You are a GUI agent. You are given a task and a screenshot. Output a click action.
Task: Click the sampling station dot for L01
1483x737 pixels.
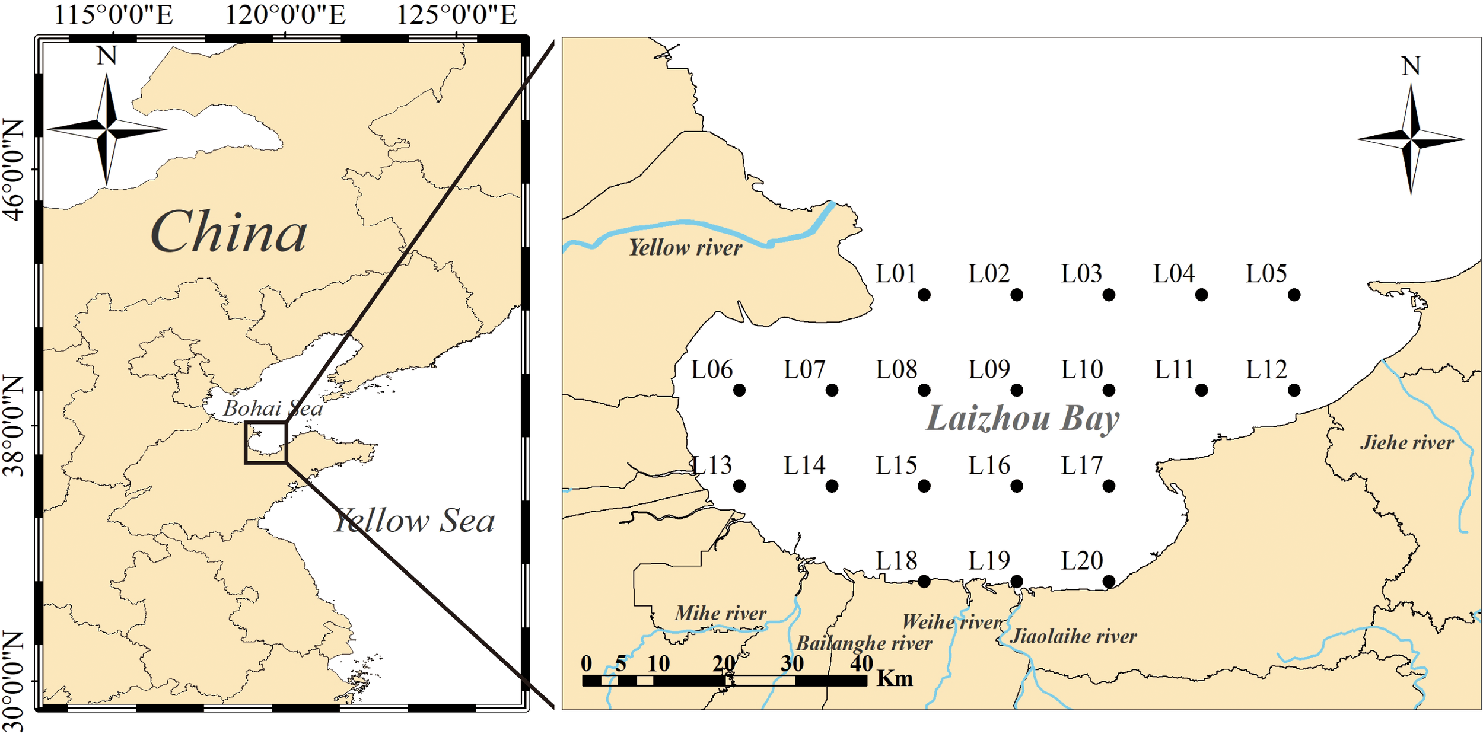click(924, 295)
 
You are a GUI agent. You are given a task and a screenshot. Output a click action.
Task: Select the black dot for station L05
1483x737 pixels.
click(1294, 295)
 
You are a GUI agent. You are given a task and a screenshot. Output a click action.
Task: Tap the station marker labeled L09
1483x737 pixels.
click(1016, 390)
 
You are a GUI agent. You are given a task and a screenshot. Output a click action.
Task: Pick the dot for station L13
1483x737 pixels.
click(739, 486)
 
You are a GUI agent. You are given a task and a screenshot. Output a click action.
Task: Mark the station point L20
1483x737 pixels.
click(1109, 582)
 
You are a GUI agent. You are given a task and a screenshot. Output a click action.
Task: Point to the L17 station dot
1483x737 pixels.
click(1109, 486)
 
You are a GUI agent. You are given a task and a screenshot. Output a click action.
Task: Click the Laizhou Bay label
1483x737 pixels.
click(1023, 419)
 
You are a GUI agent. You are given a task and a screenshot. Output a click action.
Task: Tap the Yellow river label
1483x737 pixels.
click(685, 248)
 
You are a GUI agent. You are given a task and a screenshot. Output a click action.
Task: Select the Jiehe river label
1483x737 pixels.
click(1406, 442)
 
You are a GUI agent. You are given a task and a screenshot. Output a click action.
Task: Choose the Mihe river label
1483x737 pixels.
click(720, 613)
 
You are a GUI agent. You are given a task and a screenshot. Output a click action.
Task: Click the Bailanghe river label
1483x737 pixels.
click(864, 643)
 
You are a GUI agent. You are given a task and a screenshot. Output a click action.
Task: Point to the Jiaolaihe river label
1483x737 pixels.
click(1073, 637)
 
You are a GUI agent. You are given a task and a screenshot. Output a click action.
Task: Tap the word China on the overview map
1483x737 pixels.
click(229, 232)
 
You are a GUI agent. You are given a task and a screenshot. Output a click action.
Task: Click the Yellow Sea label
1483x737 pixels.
click(414, 521)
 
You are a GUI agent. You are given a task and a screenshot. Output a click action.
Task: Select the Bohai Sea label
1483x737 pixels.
click(272, 409)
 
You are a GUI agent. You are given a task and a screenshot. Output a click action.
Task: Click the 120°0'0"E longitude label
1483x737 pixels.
click(285, 15)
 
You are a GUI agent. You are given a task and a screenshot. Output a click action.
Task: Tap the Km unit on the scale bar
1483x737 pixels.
click(895, 678)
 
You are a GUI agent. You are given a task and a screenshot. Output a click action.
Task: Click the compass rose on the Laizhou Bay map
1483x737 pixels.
click(1411, 140)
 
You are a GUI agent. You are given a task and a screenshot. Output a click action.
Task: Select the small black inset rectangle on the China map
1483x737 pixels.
click(266, 442)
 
